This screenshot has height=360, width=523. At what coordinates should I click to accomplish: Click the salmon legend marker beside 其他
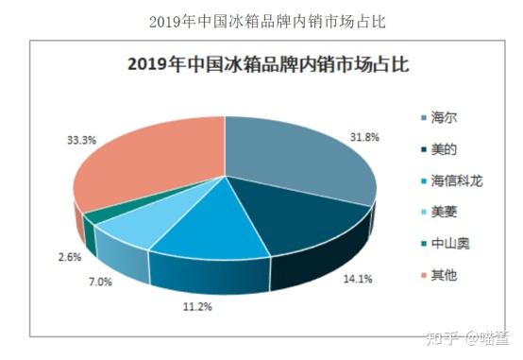[423, 274]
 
